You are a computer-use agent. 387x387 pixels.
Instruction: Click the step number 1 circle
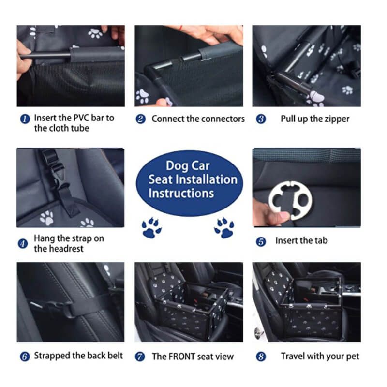tap(25, 119)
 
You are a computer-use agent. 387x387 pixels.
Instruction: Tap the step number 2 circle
tap(141, 119)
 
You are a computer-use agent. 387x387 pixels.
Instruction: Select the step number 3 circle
tap(261, 119)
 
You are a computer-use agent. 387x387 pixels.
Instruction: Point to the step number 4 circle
tap(23, 244)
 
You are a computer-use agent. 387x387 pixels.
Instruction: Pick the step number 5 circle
tap(261, 241)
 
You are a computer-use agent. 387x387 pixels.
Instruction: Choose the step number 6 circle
tap(25, 357)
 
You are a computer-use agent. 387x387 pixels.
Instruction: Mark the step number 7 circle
tap(140, 357)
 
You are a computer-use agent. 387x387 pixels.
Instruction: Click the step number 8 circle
tap(261, 357)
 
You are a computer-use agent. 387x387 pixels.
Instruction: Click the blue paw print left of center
tap(151, 228)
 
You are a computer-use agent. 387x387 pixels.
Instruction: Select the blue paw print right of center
tap(224, 227)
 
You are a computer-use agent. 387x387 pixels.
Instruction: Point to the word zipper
tap(337, 119)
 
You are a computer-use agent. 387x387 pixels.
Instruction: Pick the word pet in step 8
tap(353, 357)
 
